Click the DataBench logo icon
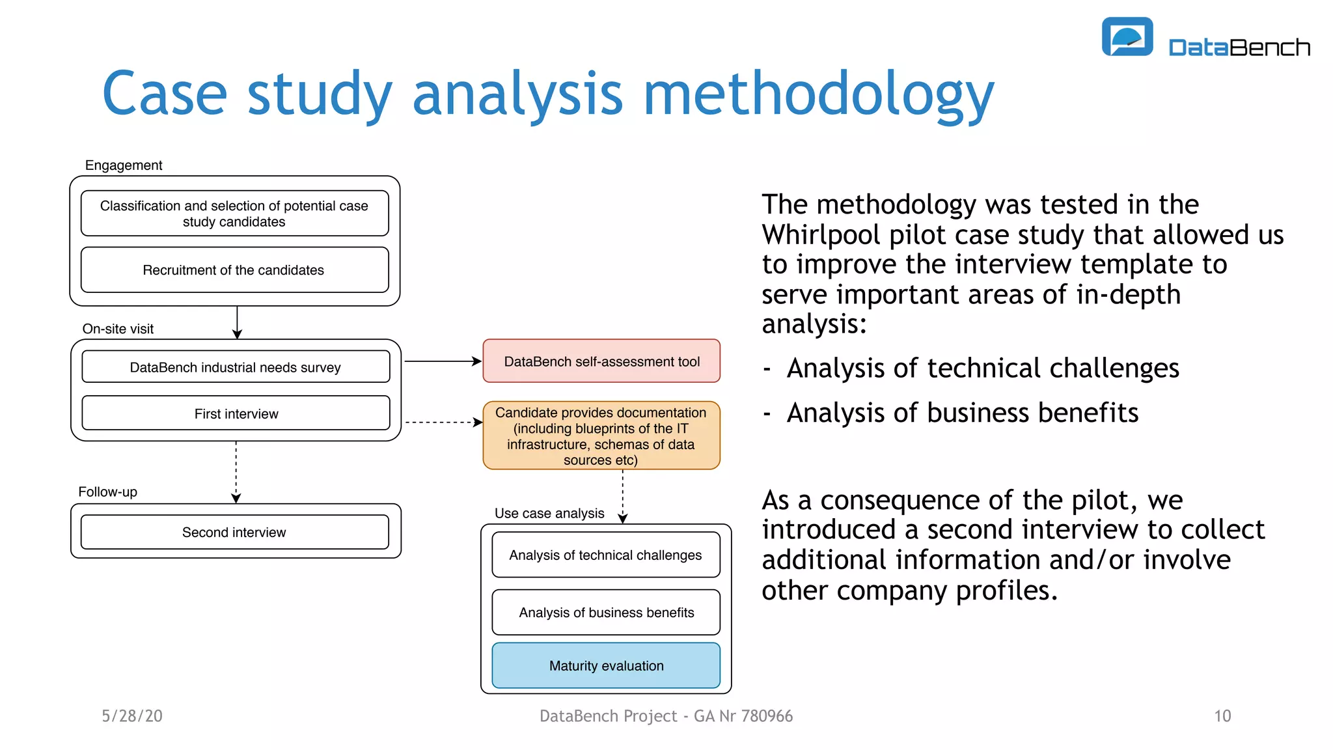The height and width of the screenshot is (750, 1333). pos(1127,36)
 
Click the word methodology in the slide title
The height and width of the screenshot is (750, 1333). pos(818,94)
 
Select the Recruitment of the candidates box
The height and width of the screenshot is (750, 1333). pos(234,270)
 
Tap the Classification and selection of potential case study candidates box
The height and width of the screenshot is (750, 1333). pos(234,214)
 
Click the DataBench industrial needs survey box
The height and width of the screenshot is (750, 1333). pos(236,367)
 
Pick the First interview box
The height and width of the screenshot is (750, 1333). pos(236,413)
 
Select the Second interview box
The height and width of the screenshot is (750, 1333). pos(234,532)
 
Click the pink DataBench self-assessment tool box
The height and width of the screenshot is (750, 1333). pos(601,361)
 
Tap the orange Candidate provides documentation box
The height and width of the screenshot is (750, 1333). pos(601,436)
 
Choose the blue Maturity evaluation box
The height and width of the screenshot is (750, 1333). pos(606,665)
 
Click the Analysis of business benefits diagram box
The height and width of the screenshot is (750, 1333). pos(606,612)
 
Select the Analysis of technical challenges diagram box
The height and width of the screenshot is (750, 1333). pos(606,555)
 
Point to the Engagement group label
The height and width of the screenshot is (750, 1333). pos(124,165)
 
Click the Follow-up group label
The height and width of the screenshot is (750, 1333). pos(108,492)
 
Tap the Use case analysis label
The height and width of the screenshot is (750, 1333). pos(549,513)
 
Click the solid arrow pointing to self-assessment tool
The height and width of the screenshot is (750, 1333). pos(443,361)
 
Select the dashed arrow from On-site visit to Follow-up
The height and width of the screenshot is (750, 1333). pos(236,471)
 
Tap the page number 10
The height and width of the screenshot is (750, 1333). pos(1222,716)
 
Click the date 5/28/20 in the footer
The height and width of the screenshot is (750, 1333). pos(132,716)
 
